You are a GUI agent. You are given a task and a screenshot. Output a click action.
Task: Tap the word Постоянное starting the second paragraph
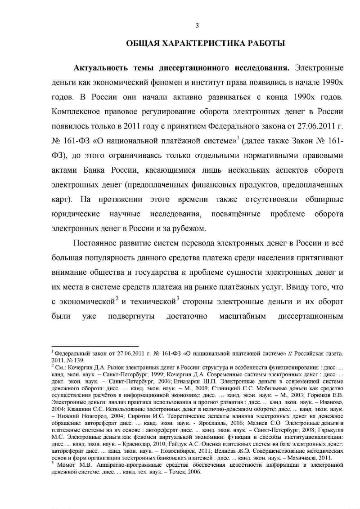(x=98, y=243)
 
